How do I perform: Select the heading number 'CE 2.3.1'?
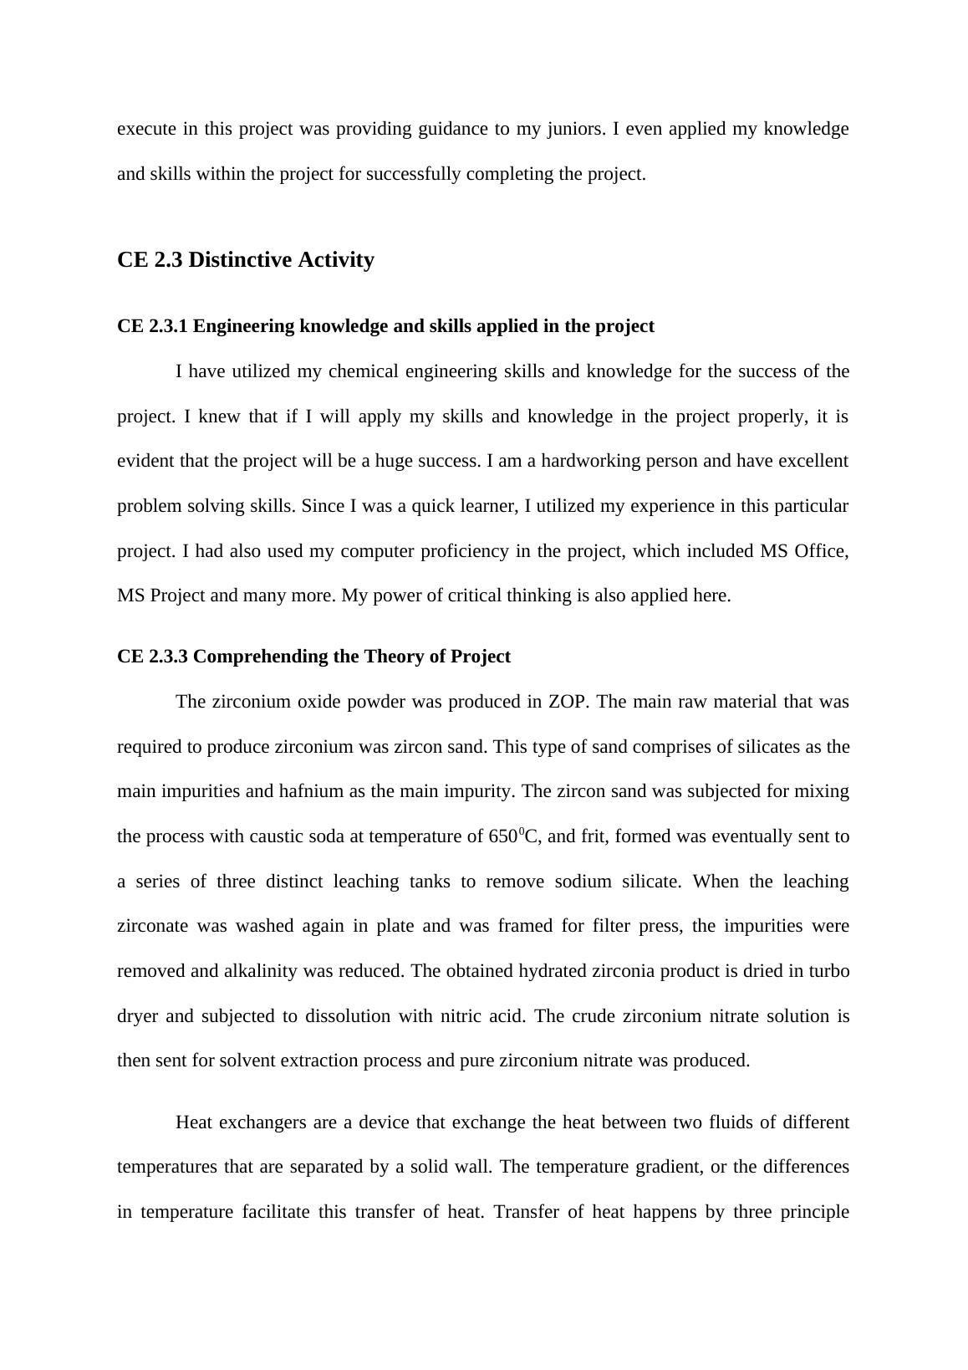(153, 326)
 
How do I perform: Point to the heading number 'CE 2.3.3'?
(153, 657)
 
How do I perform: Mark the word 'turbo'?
(827, 971)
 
